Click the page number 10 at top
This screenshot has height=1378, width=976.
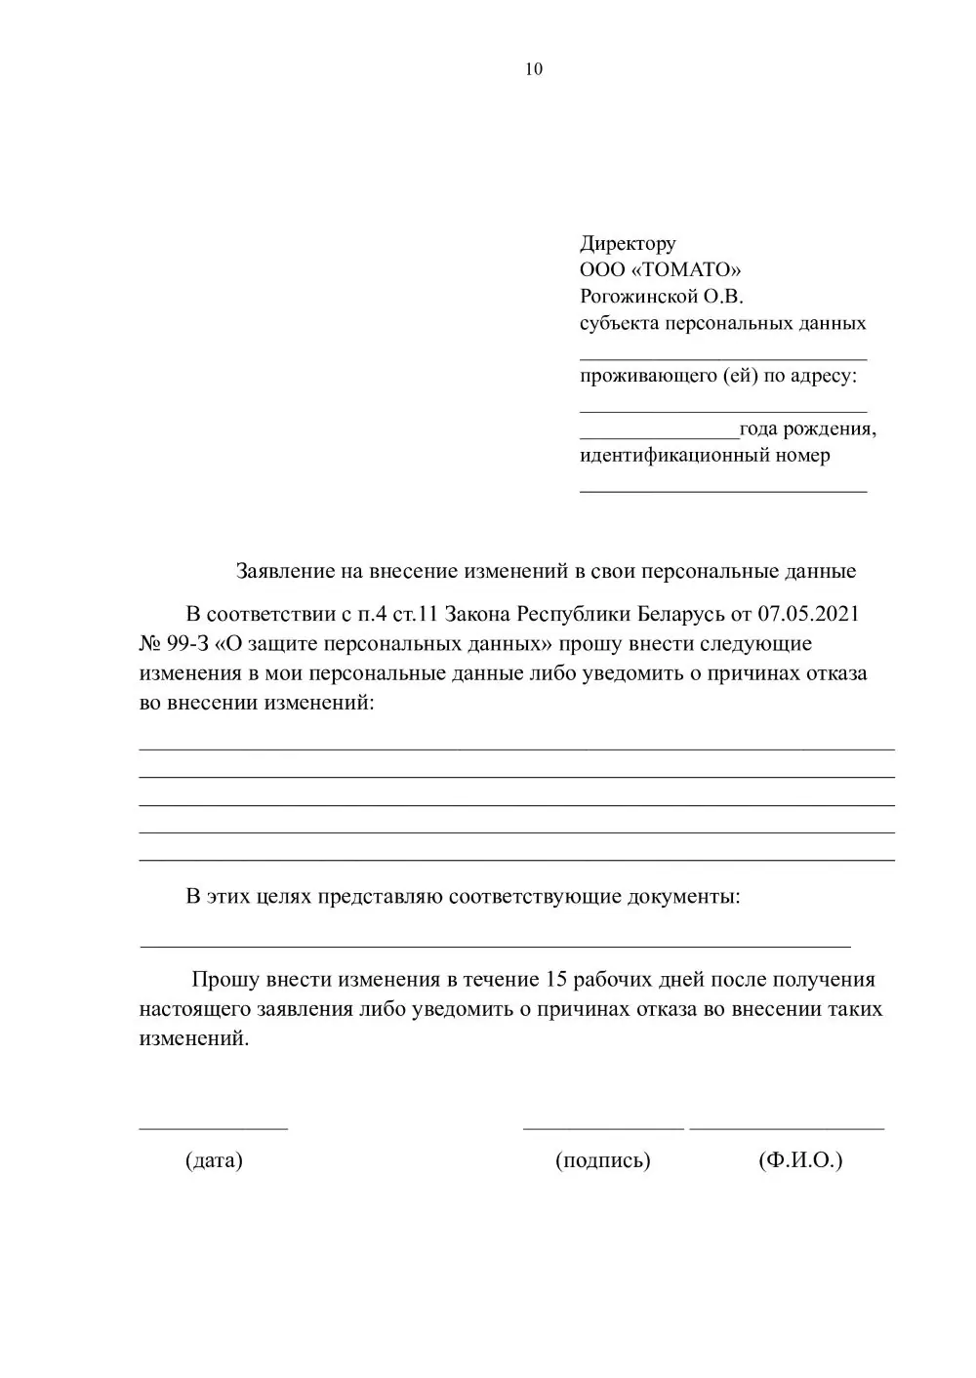click(x=534, y=69)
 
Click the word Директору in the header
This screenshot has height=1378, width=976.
click(x=628, y=243)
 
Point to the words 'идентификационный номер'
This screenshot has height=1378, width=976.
click(x=705, y=455)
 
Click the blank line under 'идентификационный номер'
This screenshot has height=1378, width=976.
click(x=723, y=490)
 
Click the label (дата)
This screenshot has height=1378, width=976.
click(x=214, y=1160)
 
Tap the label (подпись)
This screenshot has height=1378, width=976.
click(x=602, y=1160)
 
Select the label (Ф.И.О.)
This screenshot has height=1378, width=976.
click(x=799, y=1160)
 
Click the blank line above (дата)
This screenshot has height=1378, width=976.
click(x=214, y=1127)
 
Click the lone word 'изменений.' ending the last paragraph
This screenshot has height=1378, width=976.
click(x=194, y=1038)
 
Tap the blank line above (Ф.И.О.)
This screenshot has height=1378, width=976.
click(x=787, y=1127)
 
